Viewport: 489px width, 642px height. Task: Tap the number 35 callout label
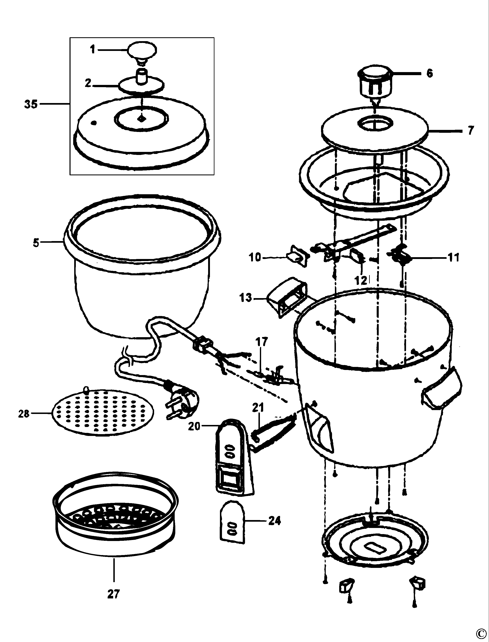31,104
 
